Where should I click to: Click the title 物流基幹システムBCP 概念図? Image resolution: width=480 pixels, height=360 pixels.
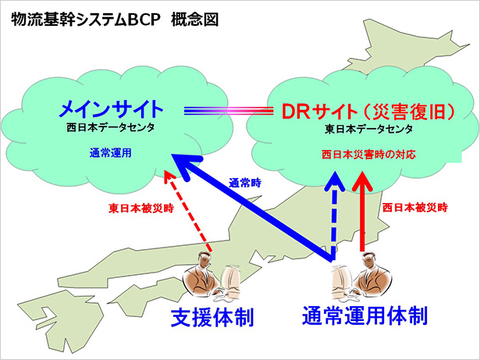[115, 20]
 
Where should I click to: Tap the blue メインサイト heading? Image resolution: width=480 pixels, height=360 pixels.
[111, 109]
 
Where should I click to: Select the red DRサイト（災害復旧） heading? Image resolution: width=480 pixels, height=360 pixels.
[368, 111]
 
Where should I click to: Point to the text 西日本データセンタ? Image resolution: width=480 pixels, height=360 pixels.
[111, 127]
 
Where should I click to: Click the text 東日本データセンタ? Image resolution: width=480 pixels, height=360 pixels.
[368, 130]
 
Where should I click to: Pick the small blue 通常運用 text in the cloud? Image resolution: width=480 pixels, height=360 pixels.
[111, 153]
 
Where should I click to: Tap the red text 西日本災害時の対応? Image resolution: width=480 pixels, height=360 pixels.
[368, 155]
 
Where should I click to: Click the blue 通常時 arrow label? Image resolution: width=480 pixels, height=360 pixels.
[245, 183]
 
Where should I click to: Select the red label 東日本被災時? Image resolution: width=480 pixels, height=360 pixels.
[141, 209]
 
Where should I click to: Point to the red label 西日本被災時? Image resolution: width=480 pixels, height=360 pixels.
[415, 208]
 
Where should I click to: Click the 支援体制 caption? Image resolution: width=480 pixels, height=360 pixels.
[212, 317]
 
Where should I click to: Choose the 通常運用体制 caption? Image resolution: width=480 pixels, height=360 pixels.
[364, 315]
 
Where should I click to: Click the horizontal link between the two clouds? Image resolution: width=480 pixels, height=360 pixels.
[229, 111]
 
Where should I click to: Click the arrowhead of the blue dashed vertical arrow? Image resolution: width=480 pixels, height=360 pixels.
[336, 181]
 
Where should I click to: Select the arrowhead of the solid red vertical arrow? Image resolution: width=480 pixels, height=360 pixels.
[362, 181]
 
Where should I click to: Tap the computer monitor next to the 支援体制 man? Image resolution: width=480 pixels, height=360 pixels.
[232, 280]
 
